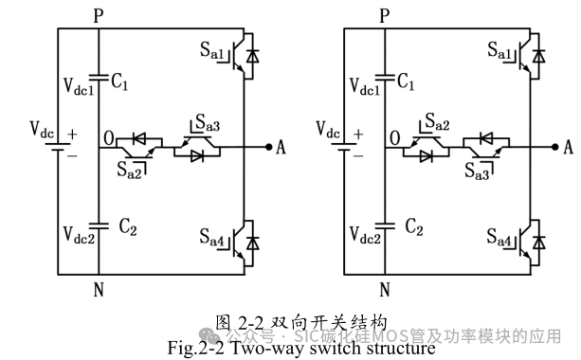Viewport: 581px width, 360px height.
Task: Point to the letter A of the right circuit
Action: [569, 147]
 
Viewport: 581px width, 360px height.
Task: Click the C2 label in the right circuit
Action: [413, 227]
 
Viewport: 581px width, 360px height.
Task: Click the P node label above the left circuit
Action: [99, 15]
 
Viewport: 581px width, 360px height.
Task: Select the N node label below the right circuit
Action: [385, 290]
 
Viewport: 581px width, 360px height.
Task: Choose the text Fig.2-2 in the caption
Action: [197, 348]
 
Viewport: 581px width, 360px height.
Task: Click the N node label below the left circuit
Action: [99, 290]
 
